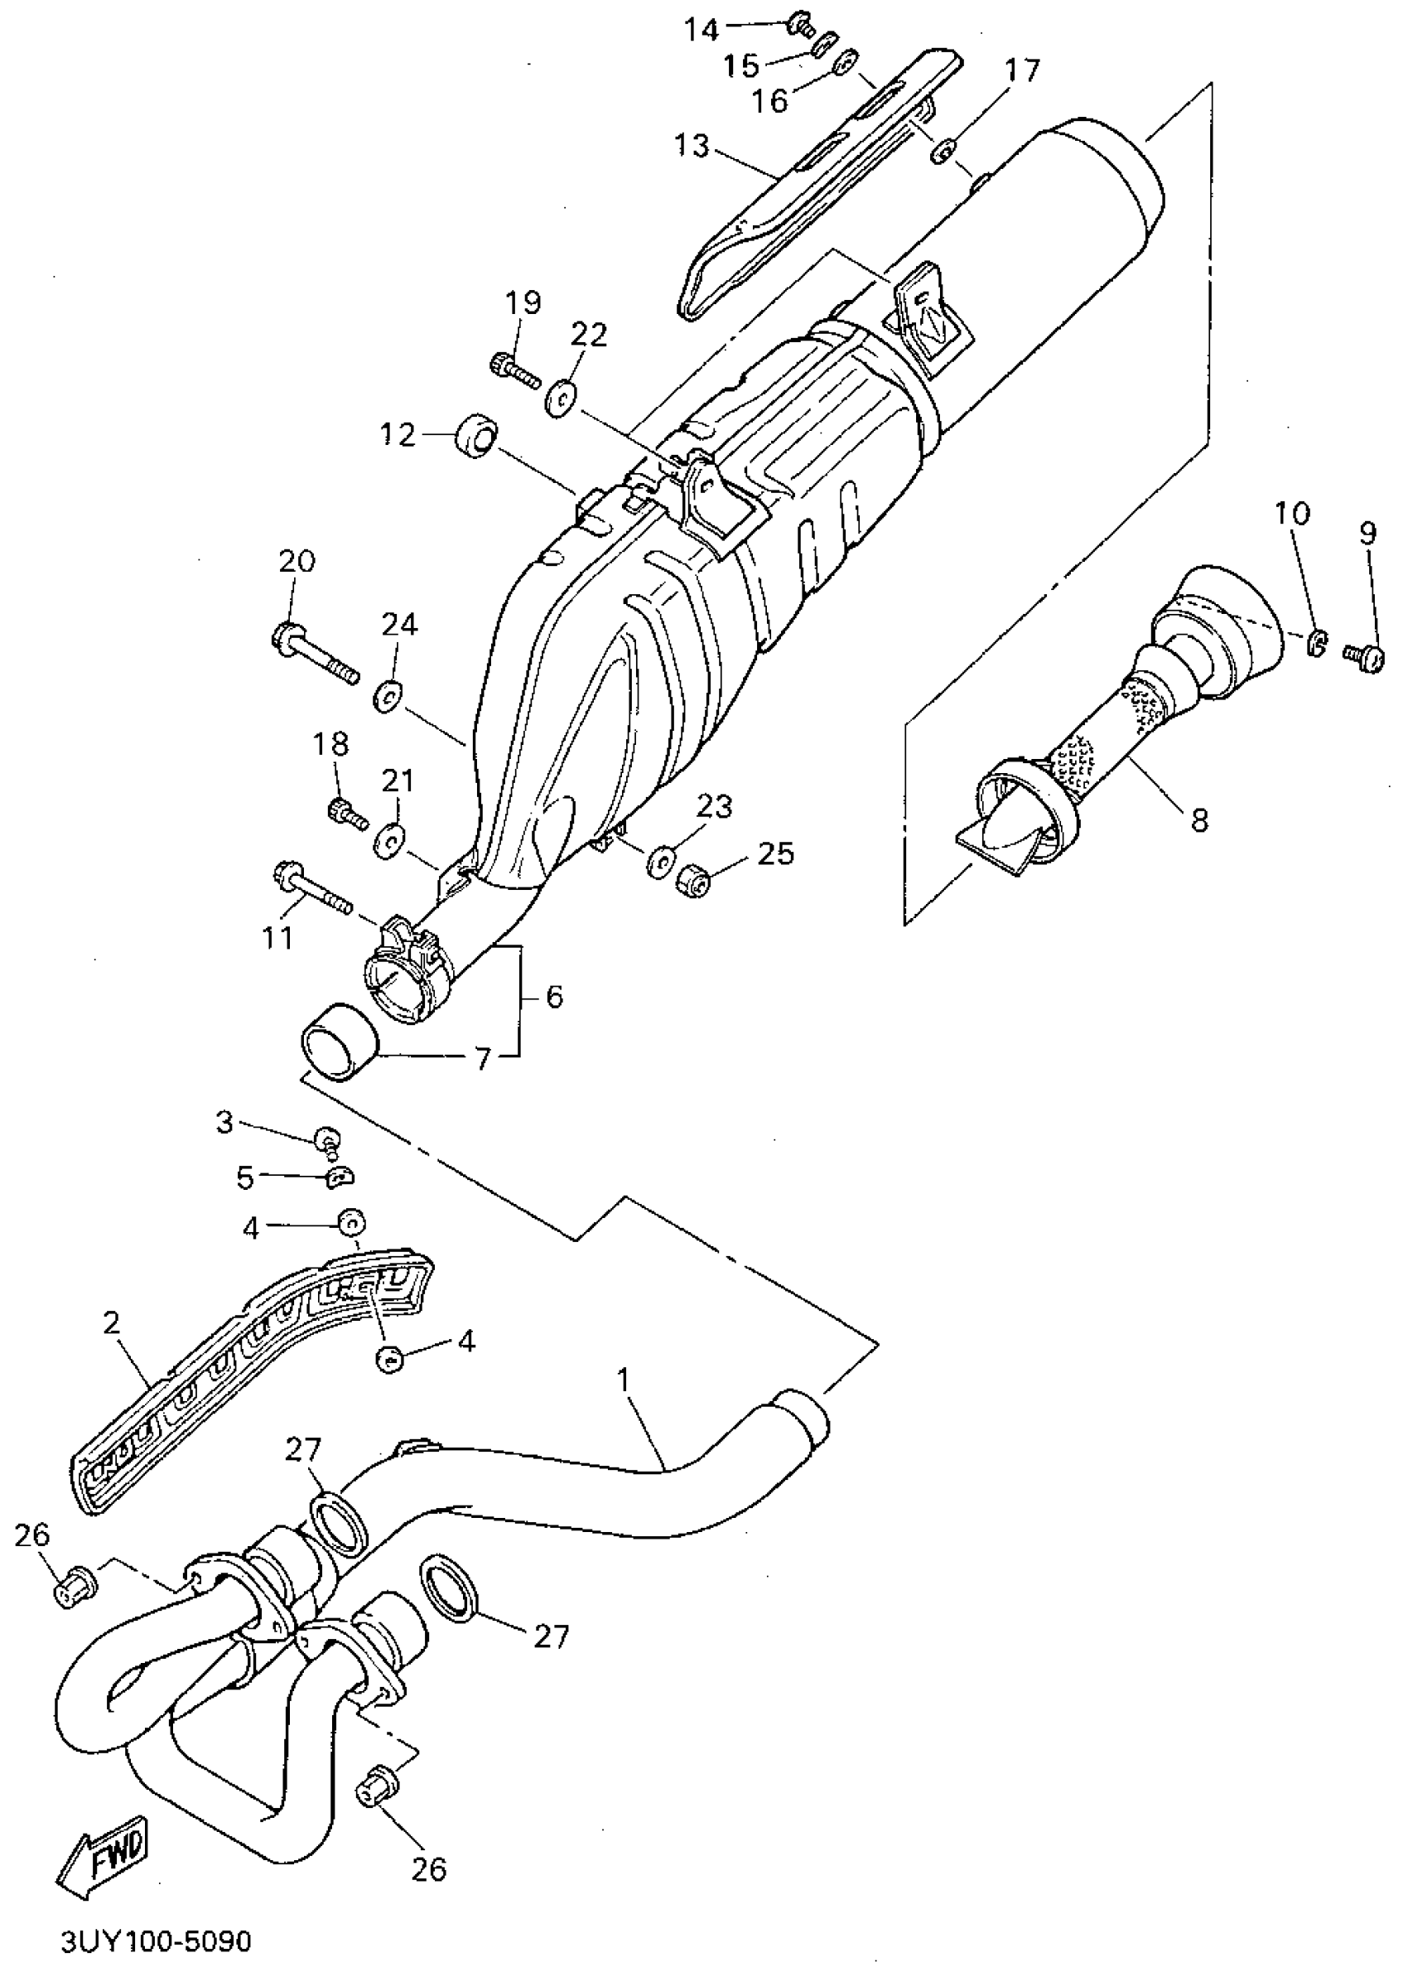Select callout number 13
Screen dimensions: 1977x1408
(x=692, y=146)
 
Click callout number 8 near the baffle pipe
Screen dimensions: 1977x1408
(x=1199, y=819)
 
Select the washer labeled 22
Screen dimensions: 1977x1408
(x=562, y=399)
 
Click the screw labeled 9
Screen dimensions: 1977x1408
(x=1364, y=655)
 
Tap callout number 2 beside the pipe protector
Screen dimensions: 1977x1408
(x=110, y=1323)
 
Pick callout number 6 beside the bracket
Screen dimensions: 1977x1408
(x=554, y=996)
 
